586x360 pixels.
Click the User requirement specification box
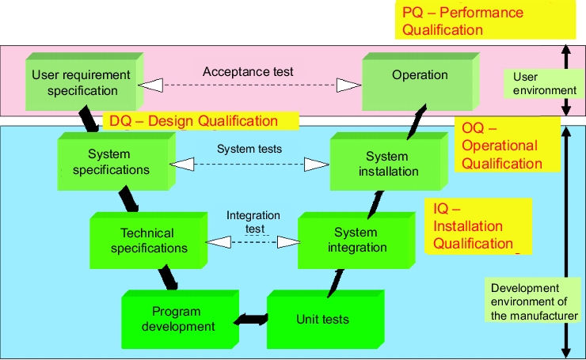click(85, 81)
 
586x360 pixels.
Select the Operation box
click(420, 81)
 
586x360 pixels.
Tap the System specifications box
click(116, 161)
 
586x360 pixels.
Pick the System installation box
click(389, 161)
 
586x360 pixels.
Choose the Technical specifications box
click(148, 241)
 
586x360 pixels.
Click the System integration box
click(356, 241)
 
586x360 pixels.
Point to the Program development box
click(180, 320)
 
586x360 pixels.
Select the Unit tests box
click(325, 320)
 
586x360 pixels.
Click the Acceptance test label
click(248, 72)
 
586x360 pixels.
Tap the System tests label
click(249, 149)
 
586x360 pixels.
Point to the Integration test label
click(253, 222)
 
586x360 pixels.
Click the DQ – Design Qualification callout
click(200, 121)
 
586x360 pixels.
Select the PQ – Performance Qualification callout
click(485, 21)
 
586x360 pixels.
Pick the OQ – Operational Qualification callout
click(507, 146)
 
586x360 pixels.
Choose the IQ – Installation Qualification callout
click(478, 226)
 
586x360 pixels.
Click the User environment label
click(544, 84)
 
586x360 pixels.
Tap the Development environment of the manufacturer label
click(534, 301)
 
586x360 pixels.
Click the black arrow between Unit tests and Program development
click(251, 320)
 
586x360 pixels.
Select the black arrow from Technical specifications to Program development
click(168, 278)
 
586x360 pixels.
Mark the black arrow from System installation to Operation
click(417, 122)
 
